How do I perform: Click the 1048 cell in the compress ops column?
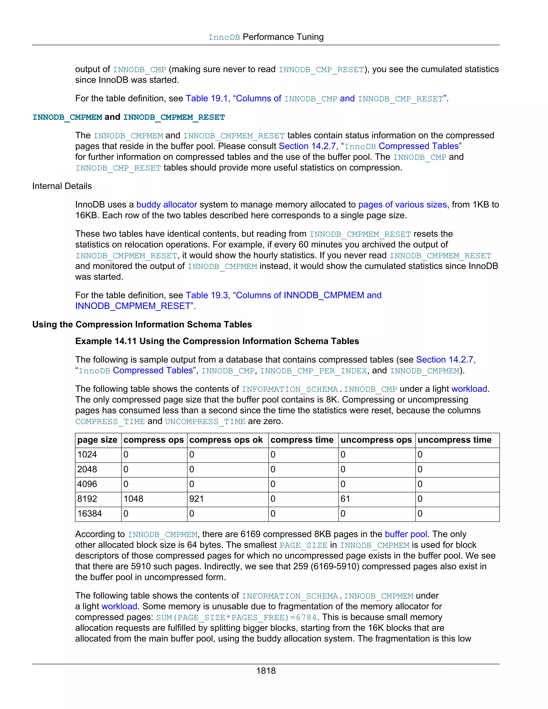(134, 499)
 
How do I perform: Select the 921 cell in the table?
(196, 499)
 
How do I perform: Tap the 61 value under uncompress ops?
(345, 499)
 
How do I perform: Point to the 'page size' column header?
(97, 440)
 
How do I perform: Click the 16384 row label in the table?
(90, 514)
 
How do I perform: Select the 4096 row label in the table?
(87, 484)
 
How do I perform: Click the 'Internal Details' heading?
(62, 186)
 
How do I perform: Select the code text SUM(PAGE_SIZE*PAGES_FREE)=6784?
(236, 617)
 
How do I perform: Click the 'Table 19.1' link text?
(207, 98)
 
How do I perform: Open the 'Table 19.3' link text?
(207, 295)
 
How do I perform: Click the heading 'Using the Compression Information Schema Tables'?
(142, 325)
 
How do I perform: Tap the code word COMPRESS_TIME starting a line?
(110, 422)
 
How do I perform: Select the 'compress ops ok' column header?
(226, 440)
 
